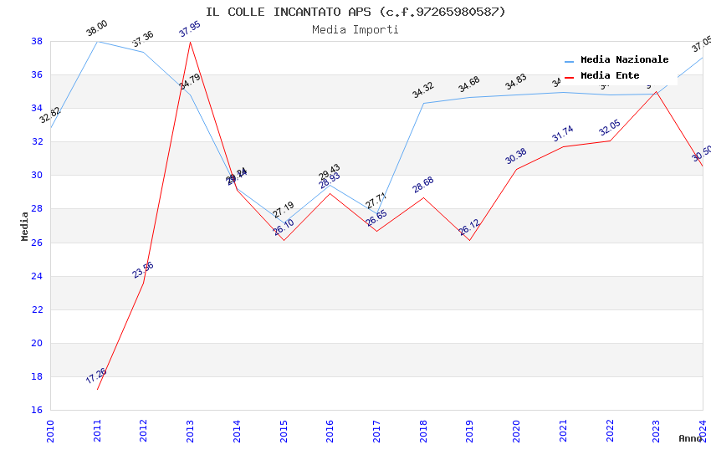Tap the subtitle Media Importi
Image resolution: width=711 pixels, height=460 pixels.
355,29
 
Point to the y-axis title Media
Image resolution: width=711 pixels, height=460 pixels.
25,226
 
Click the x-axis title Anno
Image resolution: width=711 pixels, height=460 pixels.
690,438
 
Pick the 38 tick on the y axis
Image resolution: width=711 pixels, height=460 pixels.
38,41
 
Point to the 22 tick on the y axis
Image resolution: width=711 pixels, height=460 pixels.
38,309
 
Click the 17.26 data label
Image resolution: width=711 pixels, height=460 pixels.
96,376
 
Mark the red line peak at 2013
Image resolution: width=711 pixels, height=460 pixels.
191,42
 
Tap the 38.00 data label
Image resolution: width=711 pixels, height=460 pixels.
97,29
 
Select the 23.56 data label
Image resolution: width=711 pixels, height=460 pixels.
143,269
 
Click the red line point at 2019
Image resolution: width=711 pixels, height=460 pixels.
470,240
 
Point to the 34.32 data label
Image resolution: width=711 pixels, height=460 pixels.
423,89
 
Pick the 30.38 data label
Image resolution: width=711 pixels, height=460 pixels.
516,156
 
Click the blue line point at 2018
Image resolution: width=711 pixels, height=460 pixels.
424,103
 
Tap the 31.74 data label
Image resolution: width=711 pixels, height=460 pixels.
563,134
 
